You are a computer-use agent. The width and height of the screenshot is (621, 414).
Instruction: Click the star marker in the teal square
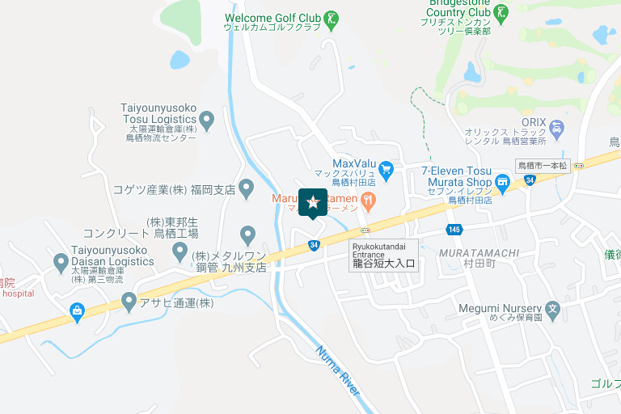coord(313,202)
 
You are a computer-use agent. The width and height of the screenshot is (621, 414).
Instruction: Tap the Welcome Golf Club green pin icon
coord(332,19)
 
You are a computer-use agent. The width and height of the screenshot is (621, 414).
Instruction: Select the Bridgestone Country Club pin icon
coord(502,12)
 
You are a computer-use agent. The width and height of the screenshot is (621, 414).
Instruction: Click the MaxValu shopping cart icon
coord(386,168)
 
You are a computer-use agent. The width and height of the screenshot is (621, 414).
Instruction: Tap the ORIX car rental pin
coord(556,127)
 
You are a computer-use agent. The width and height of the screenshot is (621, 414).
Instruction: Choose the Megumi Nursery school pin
coord(552,308)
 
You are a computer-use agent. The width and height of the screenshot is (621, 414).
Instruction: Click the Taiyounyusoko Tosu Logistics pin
coord(207,120)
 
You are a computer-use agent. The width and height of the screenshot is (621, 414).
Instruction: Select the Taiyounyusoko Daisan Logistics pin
coord(61,262)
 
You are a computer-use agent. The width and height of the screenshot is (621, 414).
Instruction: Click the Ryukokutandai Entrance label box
coord(384,255)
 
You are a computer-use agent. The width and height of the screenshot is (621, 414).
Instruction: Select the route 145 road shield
coord(454,230)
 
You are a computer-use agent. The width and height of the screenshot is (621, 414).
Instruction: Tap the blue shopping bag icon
coord(77,310)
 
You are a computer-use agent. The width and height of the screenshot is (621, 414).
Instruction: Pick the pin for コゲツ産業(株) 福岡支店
coord(247,190)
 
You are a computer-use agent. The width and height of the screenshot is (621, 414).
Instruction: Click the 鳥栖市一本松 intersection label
coord(543,165)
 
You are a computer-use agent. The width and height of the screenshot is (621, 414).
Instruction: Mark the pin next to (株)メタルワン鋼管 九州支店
coord(181,253)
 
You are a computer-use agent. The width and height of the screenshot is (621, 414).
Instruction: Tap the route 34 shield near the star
coord(314,244)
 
